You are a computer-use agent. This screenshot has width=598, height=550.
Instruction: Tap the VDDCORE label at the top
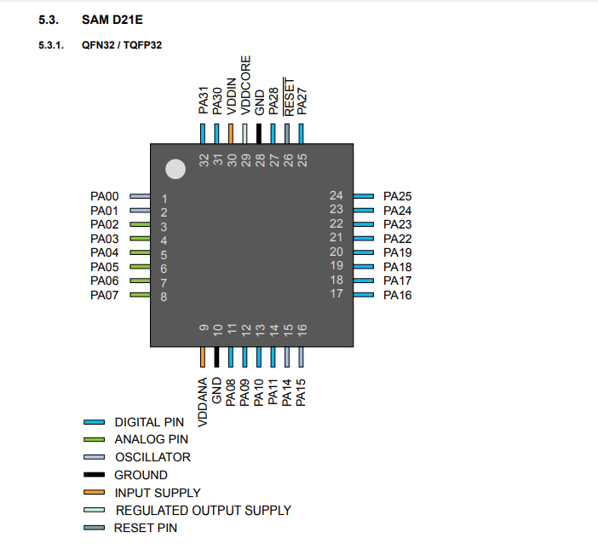pos(245,84)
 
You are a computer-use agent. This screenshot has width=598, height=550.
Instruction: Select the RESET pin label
pos(289,97)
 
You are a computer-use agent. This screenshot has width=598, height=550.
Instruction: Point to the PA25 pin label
pos(398,196)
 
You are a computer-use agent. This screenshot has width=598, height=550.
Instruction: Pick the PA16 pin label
pos(398,295)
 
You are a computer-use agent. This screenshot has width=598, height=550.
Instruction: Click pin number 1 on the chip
pos(164,199)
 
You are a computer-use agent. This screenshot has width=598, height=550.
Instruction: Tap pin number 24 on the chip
pos(336,196)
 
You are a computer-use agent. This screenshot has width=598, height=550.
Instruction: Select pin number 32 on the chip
pos(204,160)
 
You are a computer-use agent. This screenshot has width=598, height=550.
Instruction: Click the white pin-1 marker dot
pos(175,169)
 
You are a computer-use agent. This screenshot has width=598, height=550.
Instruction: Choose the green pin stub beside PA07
pos(141,295)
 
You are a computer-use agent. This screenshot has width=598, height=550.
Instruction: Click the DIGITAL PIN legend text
pos(149,422)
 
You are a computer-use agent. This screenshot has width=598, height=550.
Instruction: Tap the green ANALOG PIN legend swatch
pos(94,440)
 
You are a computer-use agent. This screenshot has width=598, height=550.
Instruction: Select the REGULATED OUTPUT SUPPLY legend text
pos(203,510)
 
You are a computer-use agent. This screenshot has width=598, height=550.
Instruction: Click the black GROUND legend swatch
pos(94,475)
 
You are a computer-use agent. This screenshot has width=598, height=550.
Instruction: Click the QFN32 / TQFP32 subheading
pos(122,45)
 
